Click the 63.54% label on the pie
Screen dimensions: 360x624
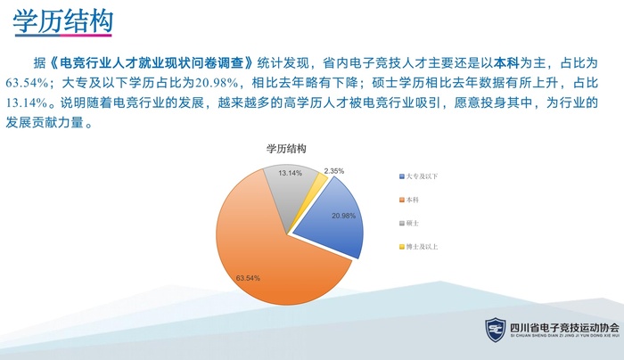tap(247, 278)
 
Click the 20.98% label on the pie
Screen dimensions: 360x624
tap(343, 216)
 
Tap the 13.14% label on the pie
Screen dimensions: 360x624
tap(290, 172)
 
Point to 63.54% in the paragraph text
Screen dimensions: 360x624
tap(26, 84)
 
